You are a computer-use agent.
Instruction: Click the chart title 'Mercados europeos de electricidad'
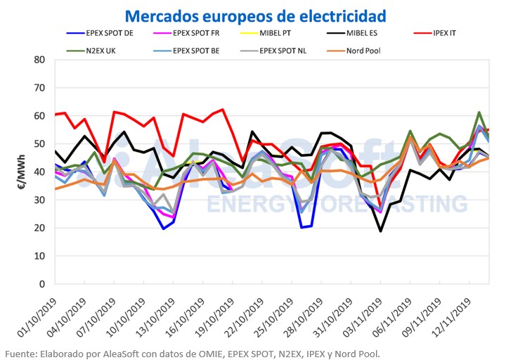(256, 14)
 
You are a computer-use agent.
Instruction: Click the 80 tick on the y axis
(41, 59)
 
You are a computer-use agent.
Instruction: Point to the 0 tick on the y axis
(44, 284)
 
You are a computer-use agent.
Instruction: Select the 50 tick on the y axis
(41, 143)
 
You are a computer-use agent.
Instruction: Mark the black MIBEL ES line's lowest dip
(380, 231)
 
